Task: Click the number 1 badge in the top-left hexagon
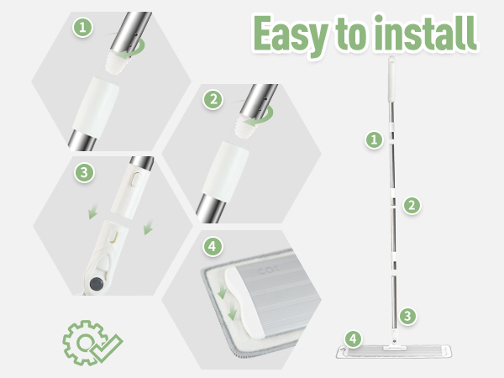point(83,28)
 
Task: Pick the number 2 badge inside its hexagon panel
point(213,100)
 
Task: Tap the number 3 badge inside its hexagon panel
point(84,172)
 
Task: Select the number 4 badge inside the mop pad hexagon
point(213,246)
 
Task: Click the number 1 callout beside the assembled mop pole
point(374,139)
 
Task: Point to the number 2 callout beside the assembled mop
point(412,205)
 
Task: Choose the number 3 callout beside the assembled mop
point(407,316)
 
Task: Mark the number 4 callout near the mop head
point(353,339)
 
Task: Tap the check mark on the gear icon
point(107,349)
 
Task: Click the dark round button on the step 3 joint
point(97,284)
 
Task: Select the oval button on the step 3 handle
point(136,180)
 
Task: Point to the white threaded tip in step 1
point(118,61)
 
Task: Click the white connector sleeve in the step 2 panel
point(225,172)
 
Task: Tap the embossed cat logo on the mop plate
point(269,270)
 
